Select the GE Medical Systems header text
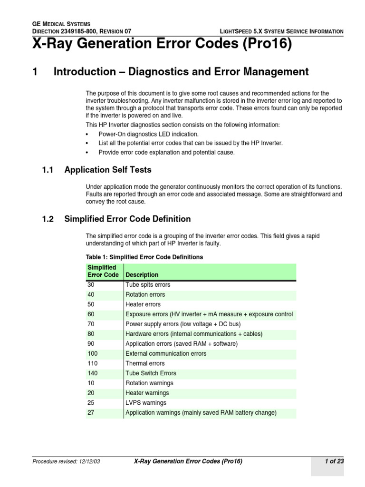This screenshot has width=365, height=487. tap(61, 24)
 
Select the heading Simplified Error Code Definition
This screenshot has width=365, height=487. tap(127, 219)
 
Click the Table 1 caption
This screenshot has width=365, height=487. tap(144, 257)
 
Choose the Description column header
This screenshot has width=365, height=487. tap(142, 275)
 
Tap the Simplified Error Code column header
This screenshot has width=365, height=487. tap(103, 271)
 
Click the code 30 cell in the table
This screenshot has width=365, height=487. tap(91, 285)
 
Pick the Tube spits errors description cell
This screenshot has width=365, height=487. tap(147, 285)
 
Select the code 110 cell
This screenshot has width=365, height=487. tap(93, 363)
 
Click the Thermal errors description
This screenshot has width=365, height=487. tap(145, 363)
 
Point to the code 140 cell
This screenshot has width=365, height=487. tap(93, 373)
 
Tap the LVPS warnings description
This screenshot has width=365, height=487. tap(146, 403)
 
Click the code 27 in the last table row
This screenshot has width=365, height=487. tap(91, 413)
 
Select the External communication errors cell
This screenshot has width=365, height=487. tap(166, 353)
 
